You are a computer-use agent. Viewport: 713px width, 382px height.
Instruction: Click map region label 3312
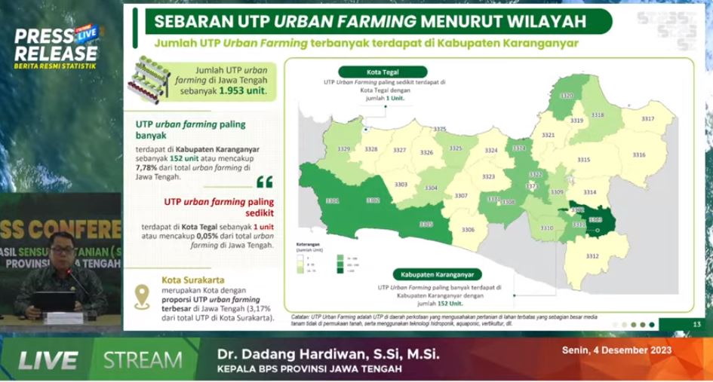click(x=592, y=257)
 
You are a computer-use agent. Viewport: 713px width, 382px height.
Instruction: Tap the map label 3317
click(x=647, y=119)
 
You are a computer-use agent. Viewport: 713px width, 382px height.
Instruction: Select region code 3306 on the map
click(x=468, y=229)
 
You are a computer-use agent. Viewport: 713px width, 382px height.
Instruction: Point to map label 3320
click(x=567, y=96)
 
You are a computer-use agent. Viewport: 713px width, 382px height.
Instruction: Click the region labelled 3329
click(x=343, y=149)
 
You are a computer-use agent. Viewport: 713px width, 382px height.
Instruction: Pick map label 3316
click(x=639, y=154)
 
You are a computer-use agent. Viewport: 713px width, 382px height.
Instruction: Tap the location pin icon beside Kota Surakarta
click(x=140, y=296)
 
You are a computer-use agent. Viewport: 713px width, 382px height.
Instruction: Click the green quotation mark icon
click(x=264, y=182)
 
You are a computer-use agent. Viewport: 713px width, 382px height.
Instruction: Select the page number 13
click(x=696, y=324)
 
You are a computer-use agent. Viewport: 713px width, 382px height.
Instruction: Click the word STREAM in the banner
click(x=143, y=360)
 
